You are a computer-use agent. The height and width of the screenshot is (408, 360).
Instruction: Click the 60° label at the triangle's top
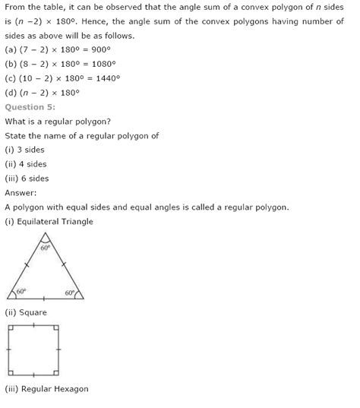click(45, 248)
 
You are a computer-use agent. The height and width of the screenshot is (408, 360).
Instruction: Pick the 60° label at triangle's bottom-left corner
click(21, 291)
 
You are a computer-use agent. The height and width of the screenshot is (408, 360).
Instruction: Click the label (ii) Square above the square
click(26, 312)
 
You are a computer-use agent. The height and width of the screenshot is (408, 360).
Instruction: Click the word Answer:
click(21, 193)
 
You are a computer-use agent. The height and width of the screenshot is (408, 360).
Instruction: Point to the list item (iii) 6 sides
click(27, 179)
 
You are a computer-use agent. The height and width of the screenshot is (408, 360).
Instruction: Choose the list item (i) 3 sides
click(24, 150)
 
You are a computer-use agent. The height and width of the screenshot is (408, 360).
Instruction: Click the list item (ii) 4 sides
click(26, 164)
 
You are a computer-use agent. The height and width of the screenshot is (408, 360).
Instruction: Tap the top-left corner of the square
click(8, 325)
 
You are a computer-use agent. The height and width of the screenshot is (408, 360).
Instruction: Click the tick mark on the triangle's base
click(45, 299)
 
